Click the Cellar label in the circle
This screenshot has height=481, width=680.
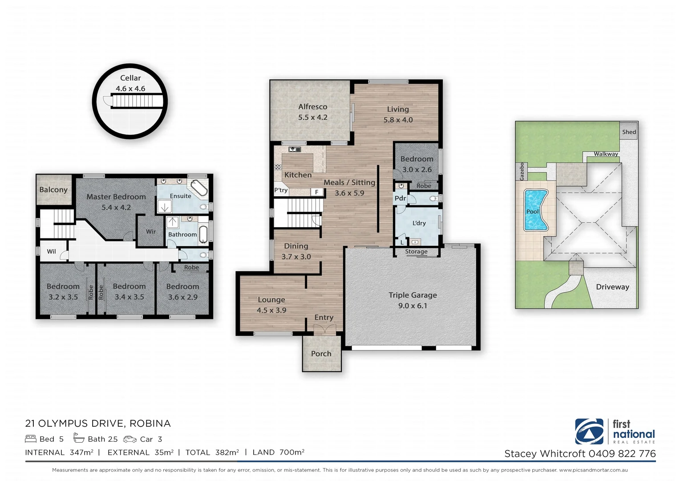130,78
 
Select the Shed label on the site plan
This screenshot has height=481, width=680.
629,132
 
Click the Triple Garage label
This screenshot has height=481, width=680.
413,295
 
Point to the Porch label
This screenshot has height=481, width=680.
321,354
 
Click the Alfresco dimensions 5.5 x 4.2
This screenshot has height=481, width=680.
312,118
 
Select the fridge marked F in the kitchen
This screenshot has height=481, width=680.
317,192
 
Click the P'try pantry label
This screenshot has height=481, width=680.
281,190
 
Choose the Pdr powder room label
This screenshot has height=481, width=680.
400,198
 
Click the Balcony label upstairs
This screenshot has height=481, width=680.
53,190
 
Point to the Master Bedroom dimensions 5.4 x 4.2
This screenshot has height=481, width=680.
116,208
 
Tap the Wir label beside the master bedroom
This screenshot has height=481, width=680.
151,232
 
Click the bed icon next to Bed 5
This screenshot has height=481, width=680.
31,439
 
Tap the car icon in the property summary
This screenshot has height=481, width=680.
130,439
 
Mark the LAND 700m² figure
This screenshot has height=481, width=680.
279,452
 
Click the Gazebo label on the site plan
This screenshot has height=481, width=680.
522,171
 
